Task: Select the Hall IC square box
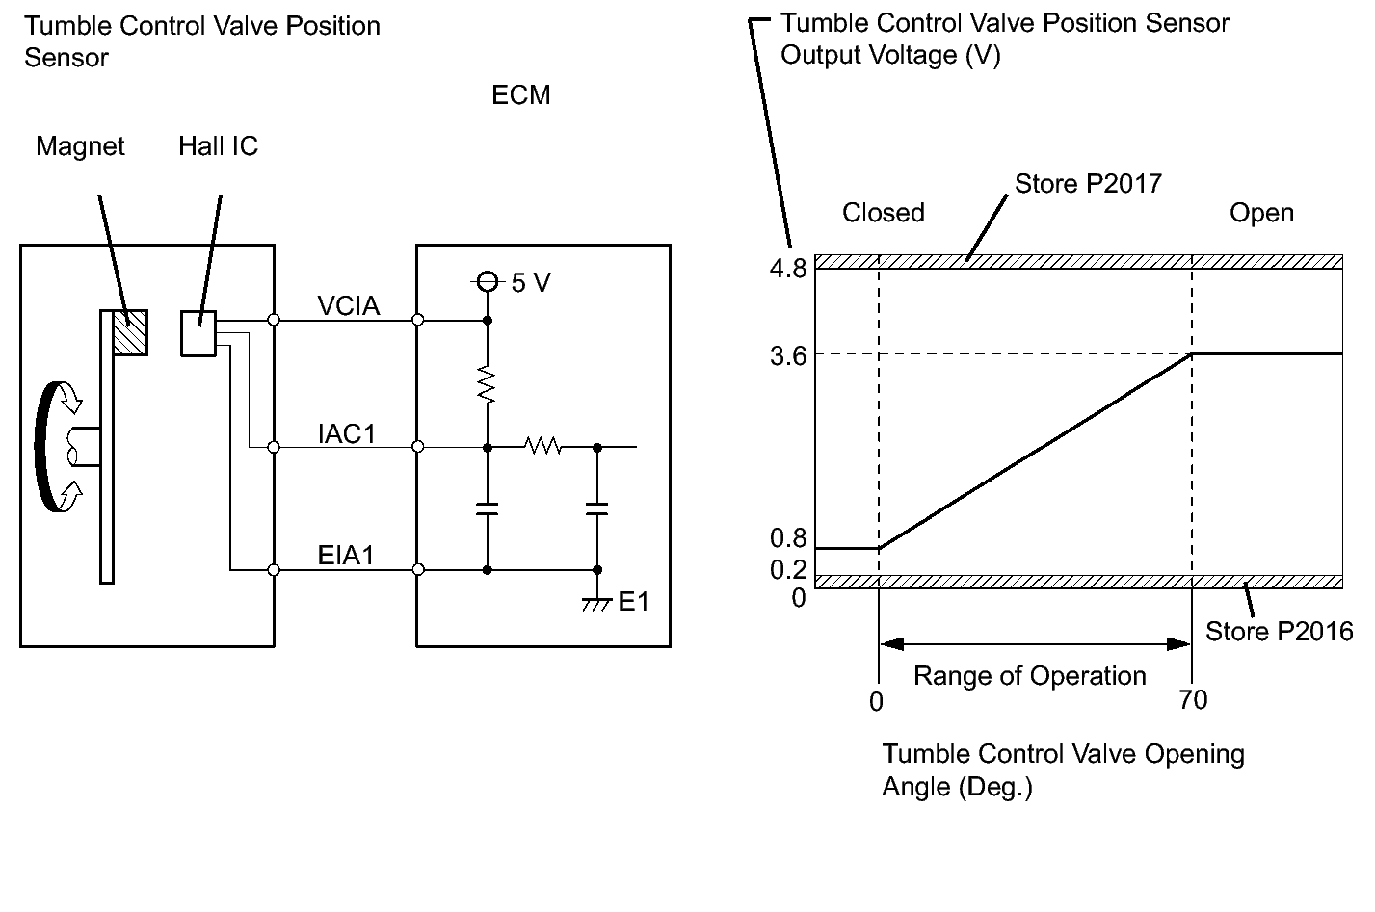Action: point(198,333)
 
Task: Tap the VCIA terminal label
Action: point(349,306)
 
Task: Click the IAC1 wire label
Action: point(348,434)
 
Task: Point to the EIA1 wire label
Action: point(346,556)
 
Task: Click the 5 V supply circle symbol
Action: point(488,282)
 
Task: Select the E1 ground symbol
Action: point(597,602)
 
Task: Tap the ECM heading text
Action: point(520,95)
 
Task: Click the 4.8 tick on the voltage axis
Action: point(788,269)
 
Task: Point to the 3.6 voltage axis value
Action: point(788,354)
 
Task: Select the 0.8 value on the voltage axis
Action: point(788,539)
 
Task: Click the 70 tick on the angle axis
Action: point(1193,700)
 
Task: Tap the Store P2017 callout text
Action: point(1088,183)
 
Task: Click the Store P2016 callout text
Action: point(1280,632)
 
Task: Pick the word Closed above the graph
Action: point(883,213)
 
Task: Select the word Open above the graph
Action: point(1261,213)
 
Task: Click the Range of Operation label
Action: point(1029,676)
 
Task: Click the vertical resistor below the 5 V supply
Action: point(488,383)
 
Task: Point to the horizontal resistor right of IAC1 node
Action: point(542,447)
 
